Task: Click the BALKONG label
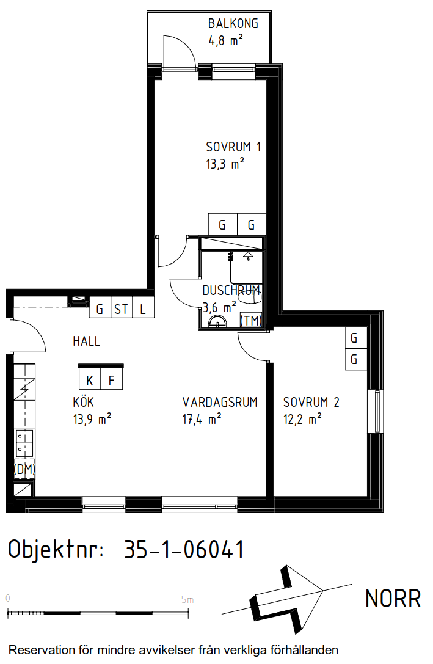coord(233,24)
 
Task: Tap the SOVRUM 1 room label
coord(233,147)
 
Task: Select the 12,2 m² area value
coord(302,419)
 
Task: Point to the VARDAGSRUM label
coord(220,402)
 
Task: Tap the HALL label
coord(86,341)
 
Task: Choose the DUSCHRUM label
coord(231,291)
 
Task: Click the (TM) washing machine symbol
coord(251,320)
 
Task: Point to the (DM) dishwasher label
coord(24,469)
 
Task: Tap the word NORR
coord(393,599)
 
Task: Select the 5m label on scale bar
coord(187,600)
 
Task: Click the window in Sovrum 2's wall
coord(375,411)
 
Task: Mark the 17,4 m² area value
coord(202,419)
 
